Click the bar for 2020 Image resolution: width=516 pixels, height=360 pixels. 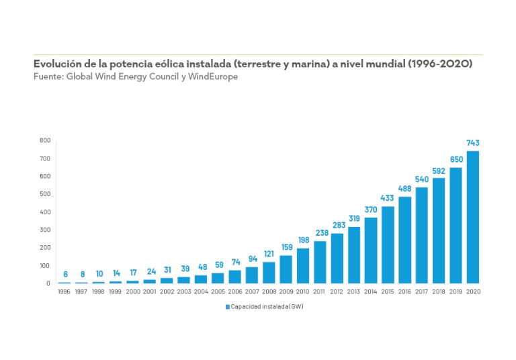coord(473,217)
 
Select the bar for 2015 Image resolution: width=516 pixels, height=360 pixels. coord(388,244)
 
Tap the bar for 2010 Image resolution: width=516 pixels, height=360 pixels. coord(302,265)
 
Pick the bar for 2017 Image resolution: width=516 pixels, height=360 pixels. coord(422,235)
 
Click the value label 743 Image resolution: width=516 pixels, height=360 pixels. coord(473,143)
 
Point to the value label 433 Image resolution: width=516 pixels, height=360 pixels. coord(388,199)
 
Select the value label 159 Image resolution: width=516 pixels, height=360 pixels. coord(286,248)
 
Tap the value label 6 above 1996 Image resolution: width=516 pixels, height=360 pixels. coord(64,274)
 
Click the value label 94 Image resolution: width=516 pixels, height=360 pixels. coord(252,259)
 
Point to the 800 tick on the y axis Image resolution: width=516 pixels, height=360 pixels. coord(44,140)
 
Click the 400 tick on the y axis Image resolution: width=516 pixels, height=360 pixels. coord(44,212)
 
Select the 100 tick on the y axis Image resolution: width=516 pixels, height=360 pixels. coord(44,265)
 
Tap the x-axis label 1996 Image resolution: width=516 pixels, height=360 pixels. coord(64,291)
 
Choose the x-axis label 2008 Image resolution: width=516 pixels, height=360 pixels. coord(269,291)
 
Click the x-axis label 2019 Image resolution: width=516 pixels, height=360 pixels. coord(456,291)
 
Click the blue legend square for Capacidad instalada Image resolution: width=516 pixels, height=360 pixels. coord(227,306)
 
